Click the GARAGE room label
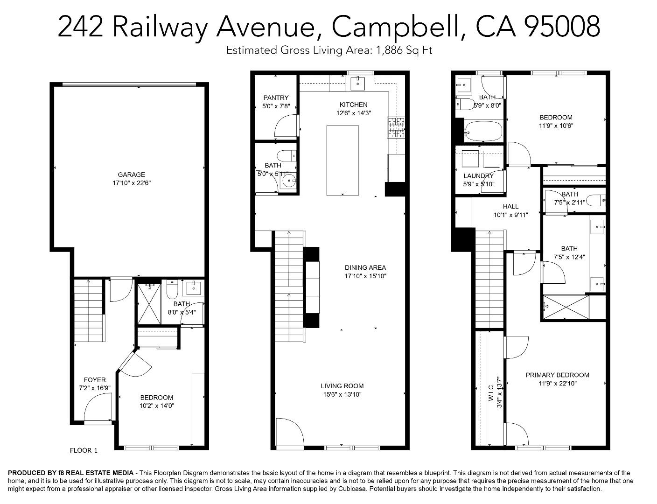point(131,175)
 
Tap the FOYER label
point(95,380)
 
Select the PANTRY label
point(276,98)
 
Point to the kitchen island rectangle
point(342,160)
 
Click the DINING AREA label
point(365,267)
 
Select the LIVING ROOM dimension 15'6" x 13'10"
point(342,394)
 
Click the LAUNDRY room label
point(478,176)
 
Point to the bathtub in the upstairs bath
point(482,132)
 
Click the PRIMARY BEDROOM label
point(557,375)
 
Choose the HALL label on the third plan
point(510,206)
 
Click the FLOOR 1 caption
point(84,450)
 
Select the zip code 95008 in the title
point(562,26)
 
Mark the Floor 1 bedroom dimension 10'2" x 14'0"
point(157,406)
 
